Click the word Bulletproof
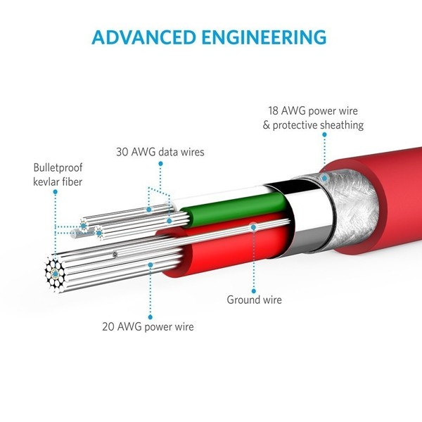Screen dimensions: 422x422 60,168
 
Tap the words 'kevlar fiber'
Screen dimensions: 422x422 58,182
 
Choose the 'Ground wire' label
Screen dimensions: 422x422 254,300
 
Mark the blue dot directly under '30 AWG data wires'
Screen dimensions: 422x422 160,163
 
